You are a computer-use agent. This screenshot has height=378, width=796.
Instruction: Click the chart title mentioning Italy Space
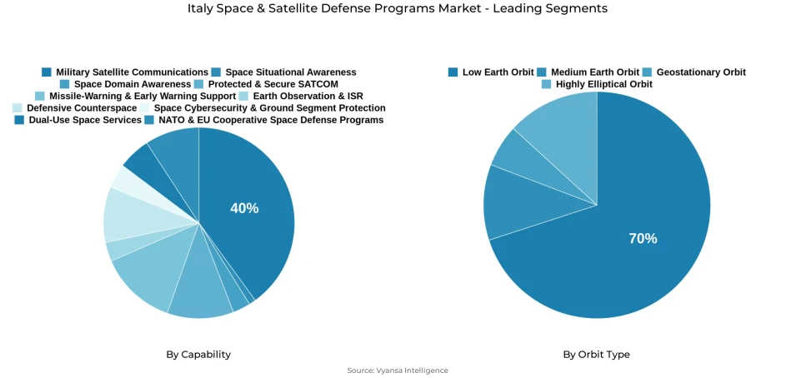(398, 8)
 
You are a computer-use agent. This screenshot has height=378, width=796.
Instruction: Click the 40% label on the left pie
(244, 208)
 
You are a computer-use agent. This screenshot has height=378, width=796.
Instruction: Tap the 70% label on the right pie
(643, 238)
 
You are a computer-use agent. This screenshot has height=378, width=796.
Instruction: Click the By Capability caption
(198, 355)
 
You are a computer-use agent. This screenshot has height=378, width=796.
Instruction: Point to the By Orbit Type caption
(596, 355)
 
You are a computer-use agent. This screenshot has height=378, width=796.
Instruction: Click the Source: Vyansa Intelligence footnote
(398, 371)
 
